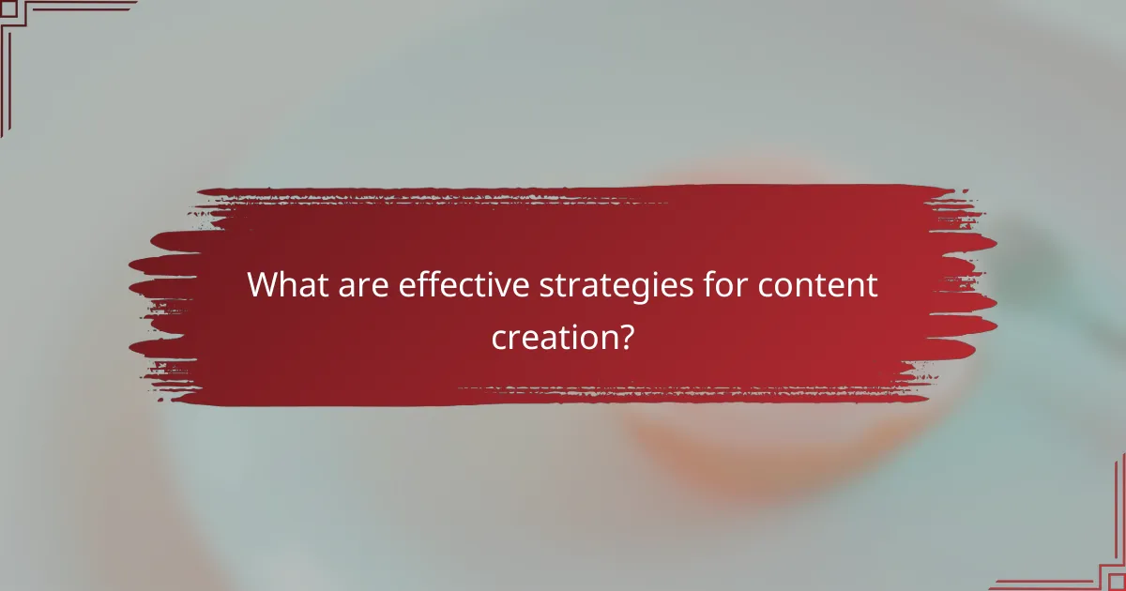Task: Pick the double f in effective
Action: point(428,284)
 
